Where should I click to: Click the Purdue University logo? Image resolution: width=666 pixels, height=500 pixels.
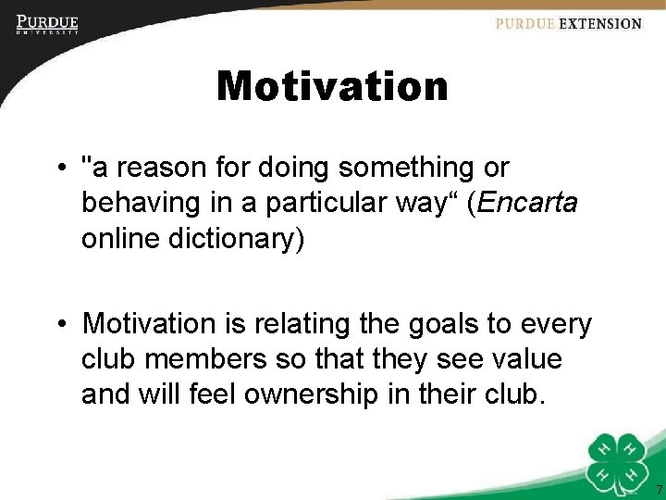pyautogui.click(x=47, y=24)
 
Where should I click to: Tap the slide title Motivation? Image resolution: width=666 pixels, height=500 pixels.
pyautogui.click(x=332, y=87)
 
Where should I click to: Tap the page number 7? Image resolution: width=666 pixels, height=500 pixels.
pyautogui.click(x=659, y=489)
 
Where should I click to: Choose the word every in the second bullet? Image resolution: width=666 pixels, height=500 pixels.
pyautogui.click(x=558, y=323)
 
